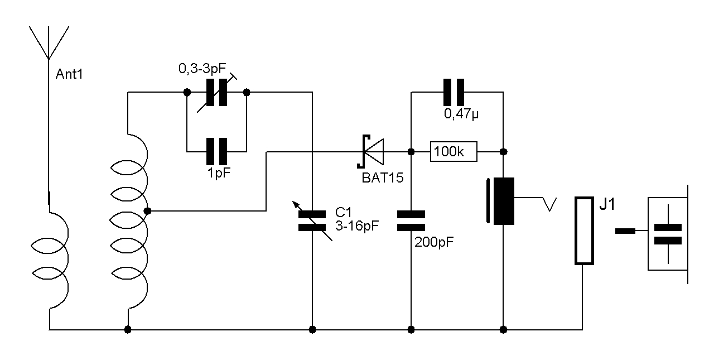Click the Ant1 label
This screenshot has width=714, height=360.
click(69, 74)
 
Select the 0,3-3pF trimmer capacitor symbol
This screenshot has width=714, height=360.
click(216, 93)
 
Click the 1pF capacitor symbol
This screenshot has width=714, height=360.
click(216, 151)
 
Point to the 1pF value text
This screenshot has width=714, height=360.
click(218, 173)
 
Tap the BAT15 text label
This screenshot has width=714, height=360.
click(382, 177)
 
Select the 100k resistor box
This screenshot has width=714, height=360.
click(454, 151)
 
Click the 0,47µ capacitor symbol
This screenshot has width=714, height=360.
click(454, 93)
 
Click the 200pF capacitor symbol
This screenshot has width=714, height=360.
click(411, 221)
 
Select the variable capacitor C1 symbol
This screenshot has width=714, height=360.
click(312, 221)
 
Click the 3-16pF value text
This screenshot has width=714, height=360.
click(357, 227)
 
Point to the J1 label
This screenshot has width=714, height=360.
click(607, 205)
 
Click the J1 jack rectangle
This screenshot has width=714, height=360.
click(583, 230)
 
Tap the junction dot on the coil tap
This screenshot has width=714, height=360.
click(148, 211)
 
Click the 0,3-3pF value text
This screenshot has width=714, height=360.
click(202, 69)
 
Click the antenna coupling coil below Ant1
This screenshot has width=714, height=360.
click(53, 260)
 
